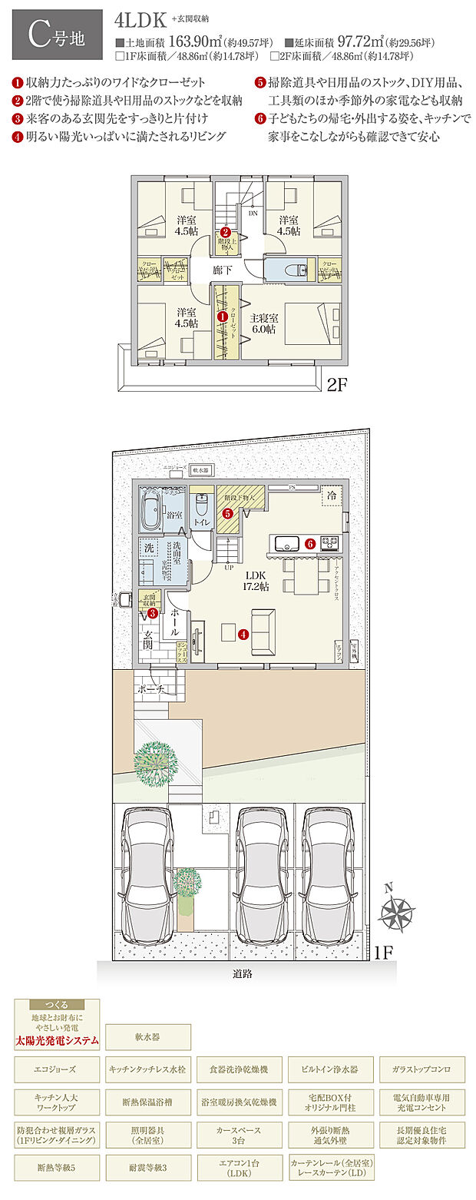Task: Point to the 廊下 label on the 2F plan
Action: click(x=223, y=270)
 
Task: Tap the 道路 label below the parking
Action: click(x=243, y=973)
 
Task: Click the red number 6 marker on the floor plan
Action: click(x=310, y=543)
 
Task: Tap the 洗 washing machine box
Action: click(x=149, y=549)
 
